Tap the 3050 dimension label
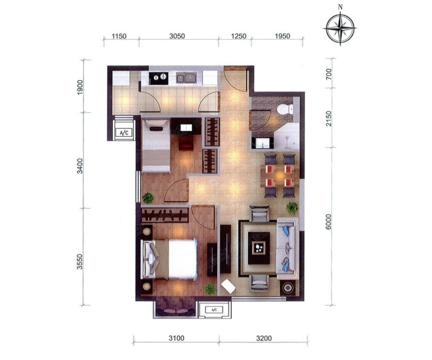click(177, 36)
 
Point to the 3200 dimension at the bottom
click(263, 338)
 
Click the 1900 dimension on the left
click(80, 88)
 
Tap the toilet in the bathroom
click(284, 109)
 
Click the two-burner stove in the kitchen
click(158, 78)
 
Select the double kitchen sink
click(185, 78)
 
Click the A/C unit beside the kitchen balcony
click(124, 133)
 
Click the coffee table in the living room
click(259, 248)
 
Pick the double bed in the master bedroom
click(169, 259)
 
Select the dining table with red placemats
click(280, 175)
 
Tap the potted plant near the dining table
click(292, 208)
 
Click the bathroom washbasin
click(262, 143)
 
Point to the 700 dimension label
click(329, 74)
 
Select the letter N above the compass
click(341, 7)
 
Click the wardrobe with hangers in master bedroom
click(165, 215)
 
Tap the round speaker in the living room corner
click(288, 288)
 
